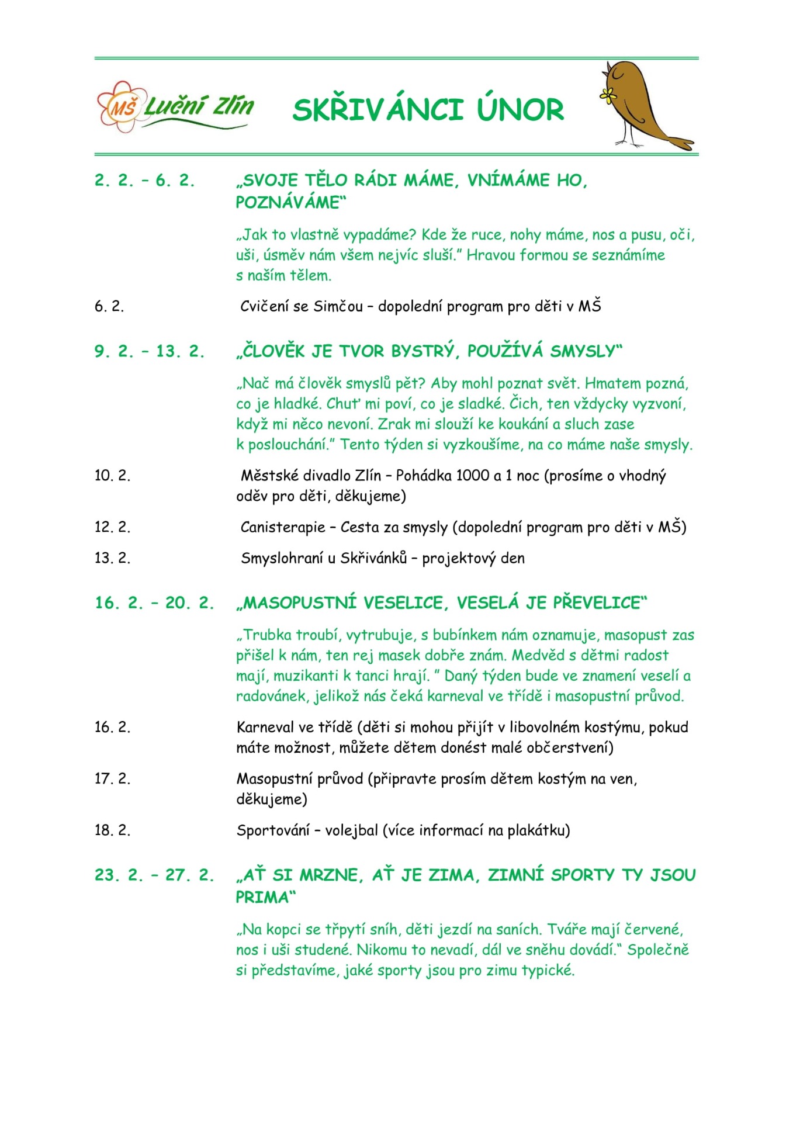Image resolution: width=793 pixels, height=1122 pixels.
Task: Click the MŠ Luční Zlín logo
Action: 175,107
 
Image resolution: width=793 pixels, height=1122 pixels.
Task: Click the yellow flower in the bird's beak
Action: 608,95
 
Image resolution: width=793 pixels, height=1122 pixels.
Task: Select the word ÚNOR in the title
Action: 521,110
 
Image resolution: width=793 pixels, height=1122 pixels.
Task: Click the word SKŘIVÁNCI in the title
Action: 378,110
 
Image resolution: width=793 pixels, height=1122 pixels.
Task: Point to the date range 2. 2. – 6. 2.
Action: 144,180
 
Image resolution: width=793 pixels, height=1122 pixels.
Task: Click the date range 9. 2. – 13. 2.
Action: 150,351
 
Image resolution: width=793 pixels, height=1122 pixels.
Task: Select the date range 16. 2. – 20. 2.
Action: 154,602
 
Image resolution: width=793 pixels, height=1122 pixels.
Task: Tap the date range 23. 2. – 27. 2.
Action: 154,875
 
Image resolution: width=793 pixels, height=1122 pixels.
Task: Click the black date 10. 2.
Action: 112,476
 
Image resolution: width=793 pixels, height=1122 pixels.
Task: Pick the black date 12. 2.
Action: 112,527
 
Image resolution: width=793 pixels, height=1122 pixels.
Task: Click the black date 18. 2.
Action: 112,830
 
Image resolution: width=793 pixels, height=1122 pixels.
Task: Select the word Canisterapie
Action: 283,527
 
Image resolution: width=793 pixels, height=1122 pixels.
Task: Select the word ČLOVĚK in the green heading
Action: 273,351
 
